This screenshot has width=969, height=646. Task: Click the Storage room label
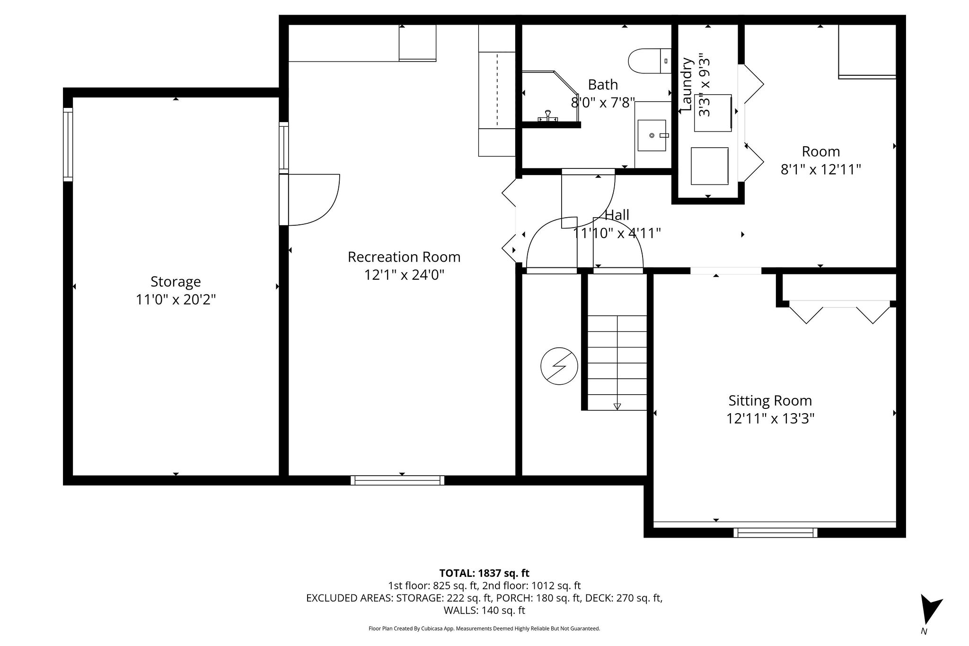tap(176, 282)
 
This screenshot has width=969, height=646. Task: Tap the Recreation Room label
tap(404, 257)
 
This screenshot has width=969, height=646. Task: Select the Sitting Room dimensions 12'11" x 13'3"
tap(770, 419)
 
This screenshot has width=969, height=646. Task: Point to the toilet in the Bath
tap(649, 61)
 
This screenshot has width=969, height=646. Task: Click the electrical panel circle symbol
tap(559, 366)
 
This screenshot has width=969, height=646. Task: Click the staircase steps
tap(617, 363)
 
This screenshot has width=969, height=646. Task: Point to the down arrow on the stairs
tap(617, 406)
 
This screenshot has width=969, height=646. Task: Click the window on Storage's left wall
tap(68, 144)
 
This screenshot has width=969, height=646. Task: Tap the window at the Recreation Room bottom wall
tap(397, 480)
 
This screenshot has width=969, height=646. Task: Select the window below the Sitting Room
tap(775, 532)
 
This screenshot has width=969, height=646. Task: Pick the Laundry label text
tap(687, 85)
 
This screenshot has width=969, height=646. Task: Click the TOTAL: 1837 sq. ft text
tap(484, 573)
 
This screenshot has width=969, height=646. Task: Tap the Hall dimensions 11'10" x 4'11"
tap(617, 233)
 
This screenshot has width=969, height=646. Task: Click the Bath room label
tap(603, 85)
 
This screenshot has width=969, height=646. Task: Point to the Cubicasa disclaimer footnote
tap(484, 628)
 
